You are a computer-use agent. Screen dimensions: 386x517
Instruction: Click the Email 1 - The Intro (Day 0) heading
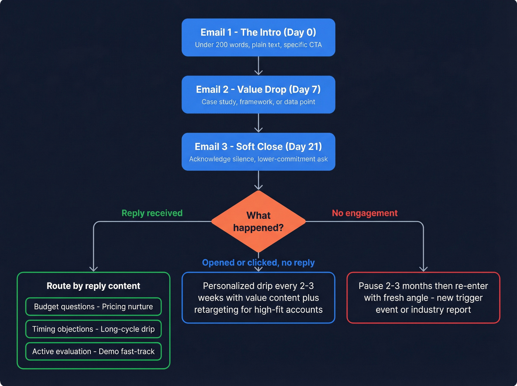tap(258, 33)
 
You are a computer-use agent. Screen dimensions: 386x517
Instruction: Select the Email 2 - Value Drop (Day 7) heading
tap(258, 89)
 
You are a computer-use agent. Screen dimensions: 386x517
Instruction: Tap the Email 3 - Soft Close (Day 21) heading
tap(258, 147)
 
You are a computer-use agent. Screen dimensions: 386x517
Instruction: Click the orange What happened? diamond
tap(258, 221)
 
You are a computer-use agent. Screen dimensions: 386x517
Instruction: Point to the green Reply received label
tap(152, 213)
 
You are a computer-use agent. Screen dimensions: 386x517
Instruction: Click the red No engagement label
tap(364, 213)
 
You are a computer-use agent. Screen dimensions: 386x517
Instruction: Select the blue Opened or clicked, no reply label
tap(258, 263)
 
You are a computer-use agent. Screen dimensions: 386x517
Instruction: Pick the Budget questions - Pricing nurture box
tap(93, 307)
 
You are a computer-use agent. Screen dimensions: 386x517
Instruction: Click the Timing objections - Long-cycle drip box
tap(93, 329)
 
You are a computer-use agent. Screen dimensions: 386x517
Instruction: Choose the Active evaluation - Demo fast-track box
tap(93, 351)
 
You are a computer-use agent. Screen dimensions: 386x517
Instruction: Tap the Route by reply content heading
tap(93, 286)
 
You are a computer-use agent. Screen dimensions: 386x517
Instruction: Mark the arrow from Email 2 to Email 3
tap(258, 123)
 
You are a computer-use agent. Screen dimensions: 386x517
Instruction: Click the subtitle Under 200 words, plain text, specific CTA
tap(258, 45)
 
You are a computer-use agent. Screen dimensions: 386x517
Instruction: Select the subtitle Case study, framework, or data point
tap(258, 102)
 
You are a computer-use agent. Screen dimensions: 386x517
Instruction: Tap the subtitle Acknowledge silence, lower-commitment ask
tap(258, 159)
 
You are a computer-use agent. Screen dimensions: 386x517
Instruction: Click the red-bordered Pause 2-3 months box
tap(423, 298)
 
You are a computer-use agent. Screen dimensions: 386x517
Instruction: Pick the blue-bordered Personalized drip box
tap(258, 298)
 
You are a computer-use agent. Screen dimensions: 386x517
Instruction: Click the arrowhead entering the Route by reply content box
tap(94, 269)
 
